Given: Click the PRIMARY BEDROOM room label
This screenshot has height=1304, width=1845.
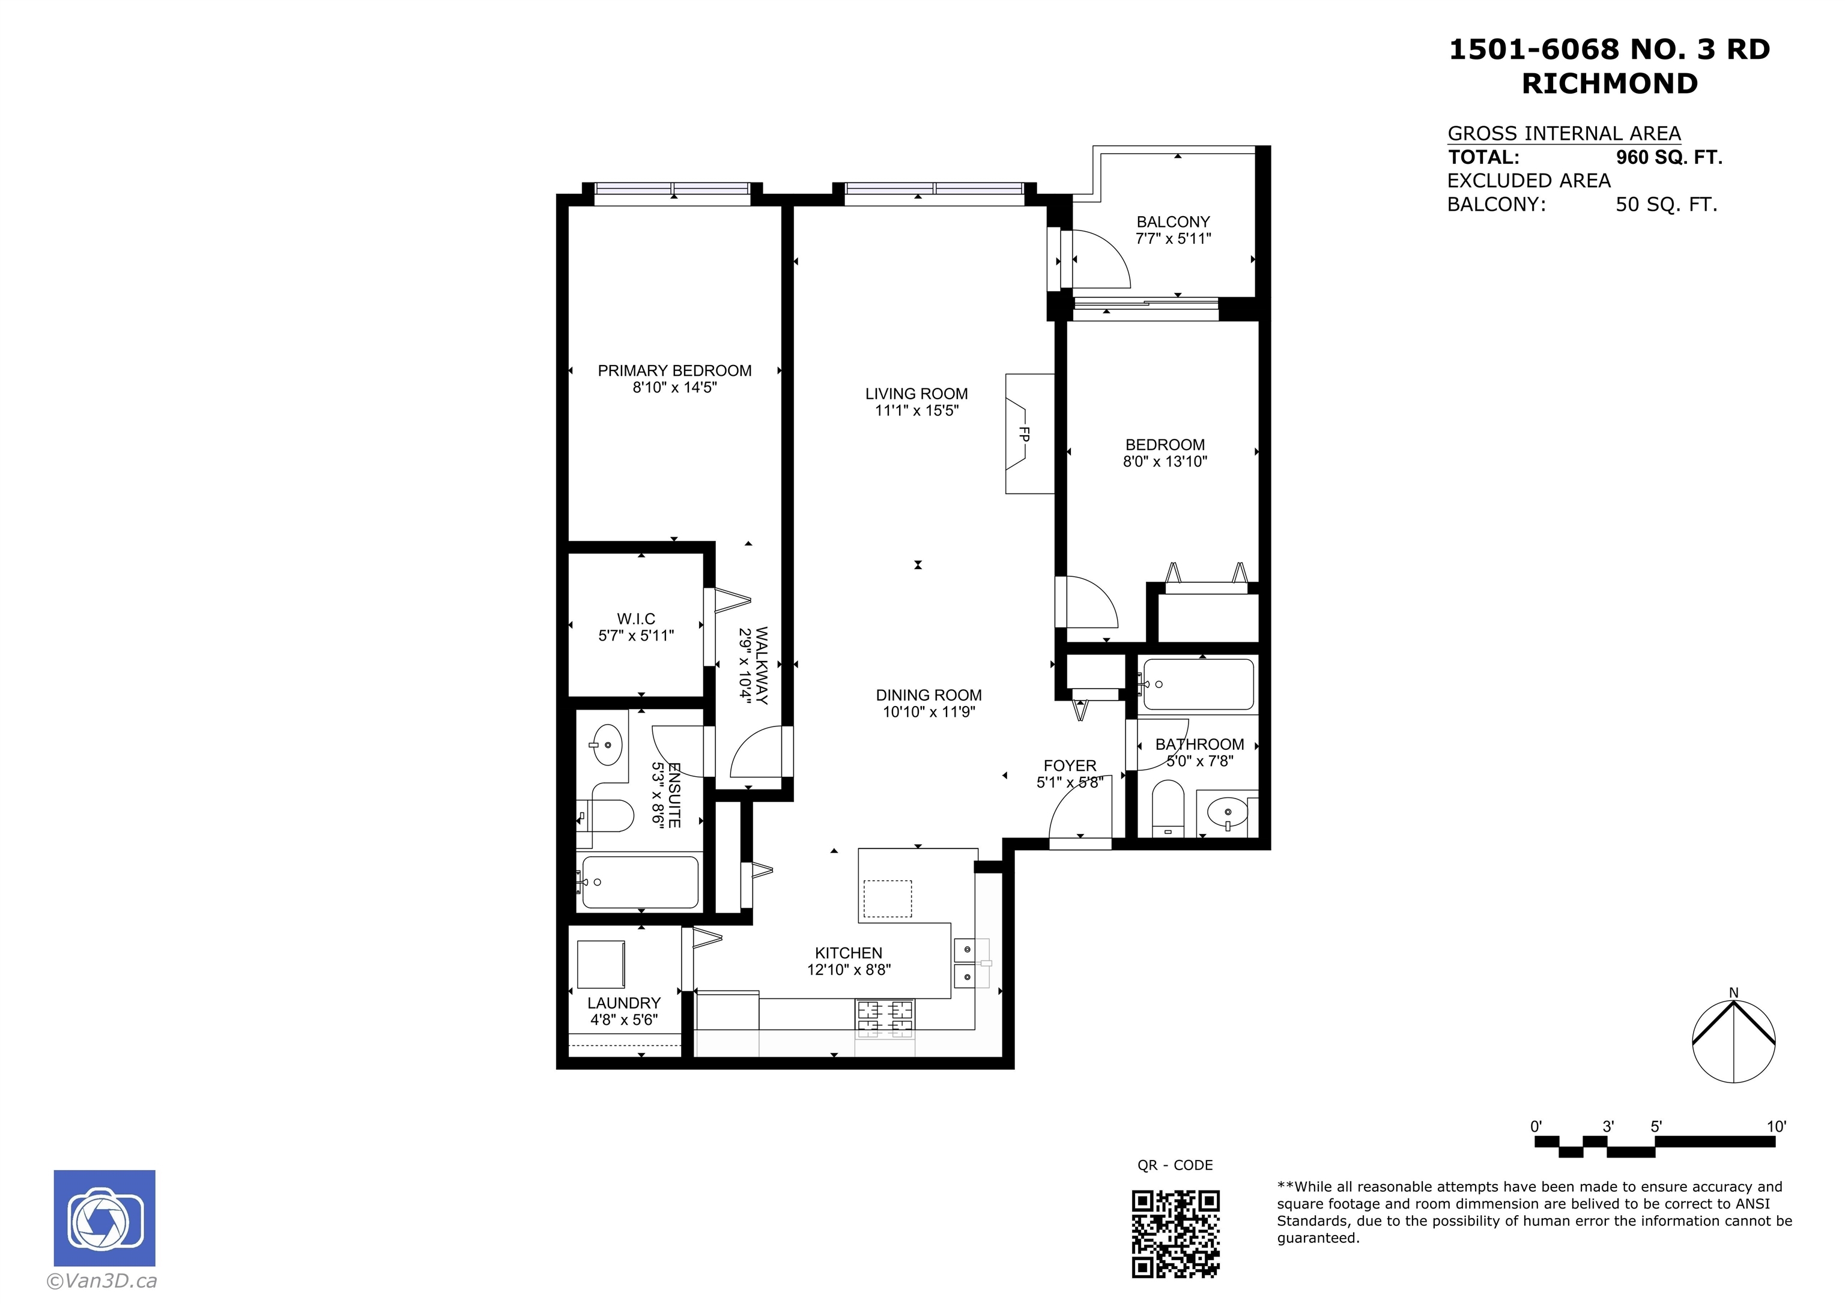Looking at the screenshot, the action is [x=674, y=370].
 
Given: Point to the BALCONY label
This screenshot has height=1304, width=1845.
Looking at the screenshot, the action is [x=1172, y=222].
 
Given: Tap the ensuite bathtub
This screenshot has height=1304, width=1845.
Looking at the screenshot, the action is [x=640, y=882].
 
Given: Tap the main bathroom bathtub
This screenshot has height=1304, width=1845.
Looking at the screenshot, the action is [x=1198, y=684].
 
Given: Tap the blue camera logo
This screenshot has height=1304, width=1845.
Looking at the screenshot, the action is [x=105, y=1218].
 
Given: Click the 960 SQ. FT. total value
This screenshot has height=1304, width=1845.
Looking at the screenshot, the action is [x=1669, y=157].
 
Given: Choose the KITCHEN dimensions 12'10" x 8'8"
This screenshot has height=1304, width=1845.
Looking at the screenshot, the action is [x=849, y=970].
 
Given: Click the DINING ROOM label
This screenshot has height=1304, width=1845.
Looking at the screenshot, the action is [x=929, y=695].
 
